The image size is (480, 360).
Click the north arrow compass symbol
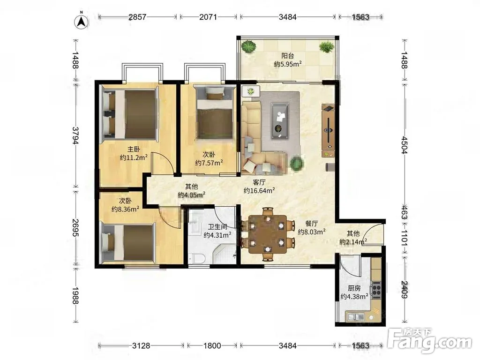coord(82,22)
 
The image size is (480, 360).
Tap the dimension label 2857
coord(137,17)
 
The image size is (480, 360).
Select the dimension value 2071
coord(208,17)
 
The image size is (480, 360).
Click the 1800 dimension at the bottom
coord(212,346)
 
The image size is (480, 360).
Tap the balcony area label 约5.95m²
coord(288,64)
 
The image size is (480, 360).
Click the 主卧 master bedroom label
coord(134,150)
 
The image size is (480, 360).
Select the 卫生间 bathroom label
coord(217,227)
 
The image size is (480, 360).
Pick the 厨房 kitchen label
coord(354,288)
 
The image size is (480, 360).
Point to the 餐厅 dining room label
coord(312,224)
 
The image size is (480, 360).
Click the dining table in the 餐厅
coord(268,234)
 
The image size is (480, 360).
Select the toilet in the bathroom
coord(197,259)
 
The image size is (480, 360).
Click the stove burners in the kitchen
coord(376,290)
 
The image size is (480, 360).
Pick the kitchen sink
coord(355,317)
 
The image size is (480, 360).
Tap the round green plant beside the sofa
coord(296,163)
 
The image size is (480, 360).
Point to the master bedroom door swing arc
coord(165,160)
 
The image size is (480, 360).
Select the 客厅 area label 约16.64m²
coord(259,191)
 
